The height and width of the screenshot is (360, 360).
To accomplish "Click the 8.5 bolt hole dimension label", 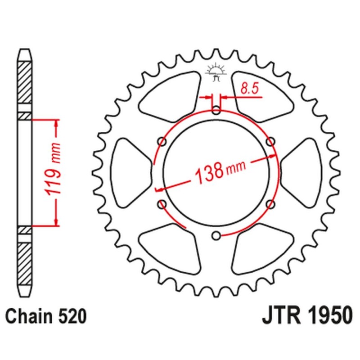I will tap(249, 89).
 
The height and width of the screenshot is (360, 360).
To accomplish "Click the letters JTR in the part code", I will tap(279, 316).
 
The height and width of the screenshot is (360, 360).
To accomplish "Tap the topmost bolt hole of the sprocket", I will tap(216, 109).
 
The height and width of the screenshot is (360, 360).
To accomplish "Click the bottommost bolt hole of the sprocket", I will tap(216, 235).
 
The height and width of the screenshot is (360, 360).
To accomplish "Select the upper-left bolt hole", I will tap(162, 141).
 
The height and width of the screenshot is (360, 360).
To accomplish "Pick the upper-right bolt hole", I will tap(270, 141).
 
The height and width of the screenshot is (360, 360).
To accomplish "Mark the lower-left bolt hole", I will tap(162, 204).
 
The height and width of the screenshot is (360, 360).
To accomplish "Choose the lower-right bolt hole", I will tap(270, 204).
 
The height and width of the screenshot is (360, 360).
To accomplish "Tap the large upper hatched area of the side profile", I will tap(25, 85).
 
